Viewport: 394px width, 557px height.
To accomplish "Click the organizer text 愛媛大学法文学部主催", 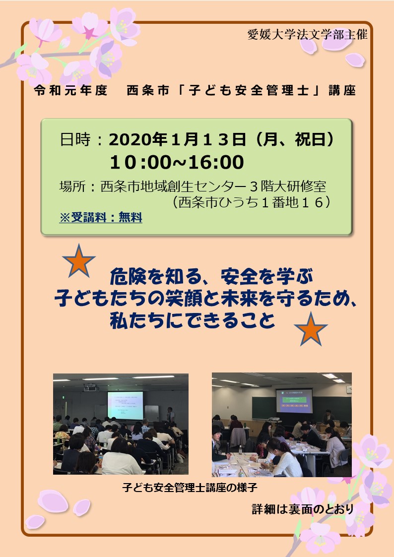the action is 307,34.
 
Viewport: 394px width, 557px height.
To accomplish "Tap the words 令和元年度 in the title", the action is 70,91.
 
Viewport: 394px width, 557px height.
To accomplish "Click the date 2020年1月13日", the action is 177,139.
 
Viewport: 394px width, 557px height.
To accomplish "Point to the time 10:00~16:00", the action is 177,162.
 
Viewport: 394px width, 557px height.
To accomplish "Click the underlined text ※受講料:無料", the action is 101,217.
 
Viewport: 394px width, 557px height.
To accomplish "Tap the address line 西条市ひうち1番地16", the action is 251,202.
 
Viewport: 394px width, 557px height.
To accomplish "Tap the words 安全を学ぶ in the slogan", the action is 267,277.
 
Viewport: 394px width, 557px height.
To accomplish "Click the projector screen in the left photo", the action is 125,406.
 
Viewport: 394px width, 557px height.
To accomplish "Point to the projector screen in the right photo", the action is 294,400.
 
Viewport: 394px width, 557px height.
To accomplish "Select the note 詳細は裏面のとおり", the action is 303,509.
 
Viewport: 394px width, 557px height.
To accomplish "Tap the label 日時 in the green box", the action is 75,139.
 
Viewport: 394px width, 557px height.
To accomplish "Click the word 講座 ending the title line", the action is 342,91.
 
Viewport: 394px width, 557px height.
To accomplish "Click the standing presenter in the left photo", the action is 171,416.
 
